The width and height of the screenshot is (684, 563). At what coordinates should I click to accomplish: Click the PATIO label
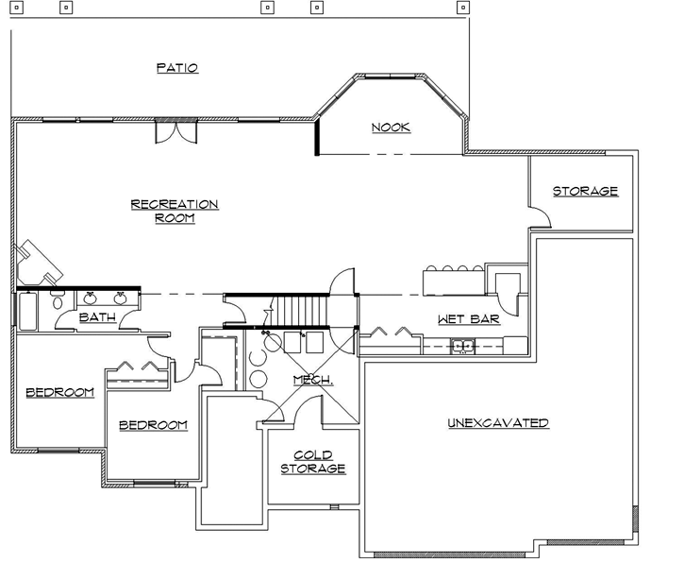coord(177,68)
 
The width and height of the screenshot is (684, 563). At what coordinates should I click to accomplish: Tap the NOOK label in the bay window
coord(391,128)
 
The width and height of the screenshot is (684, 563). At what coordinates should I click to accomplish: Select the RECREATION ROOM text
coord(175,211)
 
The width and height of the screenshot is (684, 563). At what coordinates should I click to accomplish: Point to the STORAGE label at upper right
coord(585,191)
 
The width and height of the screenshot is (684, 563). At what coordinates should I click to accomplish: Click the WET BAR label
coord(468,319)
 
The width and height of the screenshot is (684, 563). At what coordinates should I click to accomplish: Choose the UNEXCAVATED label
coord(498,423)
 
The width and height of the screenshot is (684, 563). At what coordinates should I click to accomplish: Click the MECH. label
coord(312,380)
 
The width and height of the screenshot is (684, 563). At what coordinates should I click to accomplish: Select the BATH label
coord(97,318)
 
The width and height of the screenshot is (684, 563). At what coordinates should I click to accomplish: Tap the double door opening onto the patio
coord(176,130)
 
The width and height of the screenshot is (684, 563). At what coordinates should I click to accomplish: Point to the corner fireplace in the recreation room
coord(36,264)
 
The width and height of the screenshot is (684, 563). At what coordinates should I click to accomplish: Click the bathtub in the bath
coord(26,311)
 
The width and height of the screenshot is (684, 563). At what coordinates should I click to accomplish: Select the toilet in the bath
coord(56,303)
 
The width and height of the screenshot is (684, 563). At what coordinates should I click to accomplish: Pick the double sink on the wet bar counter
coord(462,345)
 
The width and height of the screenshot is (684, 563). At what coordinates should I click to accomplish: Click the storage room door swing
coord(540,219)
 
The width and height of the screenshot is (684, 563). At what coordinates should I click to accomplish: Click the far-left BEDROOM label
coord(59,392)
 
